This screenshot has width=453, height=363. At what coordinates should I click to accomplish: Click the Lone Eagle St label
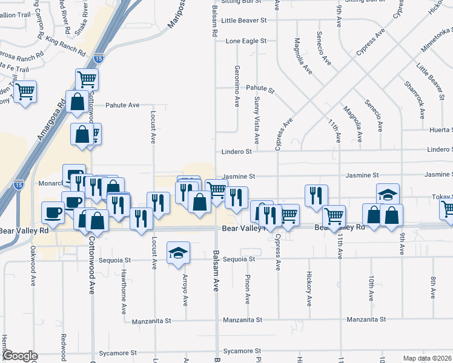click(x=246, y=41)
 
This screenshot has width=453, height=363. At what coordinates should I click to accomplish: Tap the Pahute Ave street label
click(x=122, y=105)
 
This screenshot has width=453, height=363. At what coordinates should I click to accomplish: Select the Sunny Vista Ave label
click(x=257, y=114)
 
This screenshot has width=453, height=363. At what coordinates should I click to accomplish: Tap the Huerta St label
click(x=440, y=129)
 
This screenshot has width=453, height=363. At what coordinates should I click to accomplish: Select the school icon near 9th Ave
click(x=388, y=194)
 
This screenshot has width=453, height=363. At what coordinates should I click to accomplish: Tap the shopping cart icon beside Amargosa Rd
click(x=25, y=92)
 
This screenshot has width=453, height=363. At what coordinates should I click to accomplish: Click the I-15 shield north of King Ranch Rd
click(x=99, y=59)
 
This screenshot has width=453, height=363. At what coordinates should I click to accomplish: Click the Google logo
click(x=21, y=356)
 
